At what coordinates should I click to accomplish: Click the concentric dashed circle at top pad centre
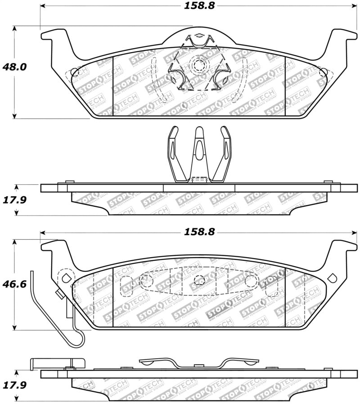click(x=198, y=66)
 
